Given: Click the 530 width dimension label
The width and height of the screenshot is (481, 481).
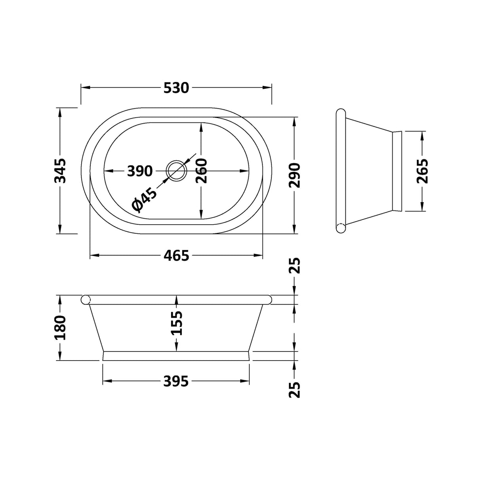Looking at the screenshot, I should (x=176, y=88).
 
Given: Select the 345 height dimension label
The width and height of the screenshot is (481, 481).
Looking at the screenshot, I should (x=60, y=171).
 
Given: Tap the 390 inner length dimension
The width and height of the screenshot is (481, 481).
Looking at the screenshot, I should (x=140, y=171).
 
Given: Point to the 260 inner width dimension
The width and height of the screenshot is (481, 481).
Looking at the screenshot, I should (x=201, y=171).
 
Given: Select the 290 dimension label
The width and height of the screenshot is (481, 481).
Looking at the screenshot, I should (x=294, y=175).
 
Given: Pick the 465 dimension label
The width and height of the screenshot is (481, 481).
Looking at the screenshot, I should (x=176, y=256).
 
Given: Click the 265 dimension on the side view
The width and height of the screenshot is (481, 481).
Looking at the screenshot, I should (x=422, y=171).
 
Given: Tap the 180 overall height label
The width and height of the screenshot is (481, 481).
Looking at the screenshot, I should (x=60, y=328).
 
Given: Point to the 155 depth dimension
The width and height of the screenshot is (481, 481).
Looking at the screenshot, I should (x=176, y=323).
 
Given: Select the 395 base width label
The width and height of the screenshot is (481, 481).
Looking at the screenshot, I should (x=176, y=382).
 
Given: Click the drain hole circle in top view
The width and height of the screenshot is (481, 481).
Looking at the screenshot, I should (x=176, y=171).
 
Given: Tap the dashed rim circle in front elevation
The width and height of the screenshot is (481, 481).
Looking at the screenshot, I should (x=86, y=300).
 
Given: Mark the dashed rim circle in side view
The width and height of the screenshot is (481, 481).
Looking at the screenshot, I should (x=341, y=228).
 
